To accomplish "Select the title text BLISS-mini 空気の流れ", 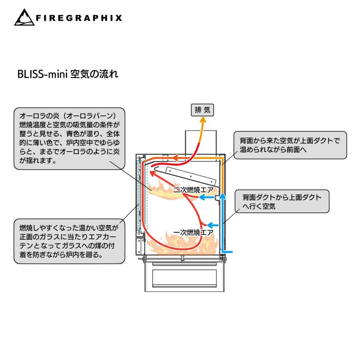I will coord(67,74).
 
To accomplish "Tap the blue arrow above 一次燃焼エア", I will coord(212,224).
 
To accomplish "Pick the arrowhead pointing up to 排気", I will coord(202,122).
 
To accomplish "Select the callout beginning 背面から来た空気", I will coord(290,145).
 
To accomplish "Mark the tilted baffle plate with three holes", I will coord(188,175).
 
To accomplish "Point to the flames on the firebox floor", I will coord(182,244).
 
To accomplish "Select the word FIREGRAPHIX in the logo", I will coord(78,18).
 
